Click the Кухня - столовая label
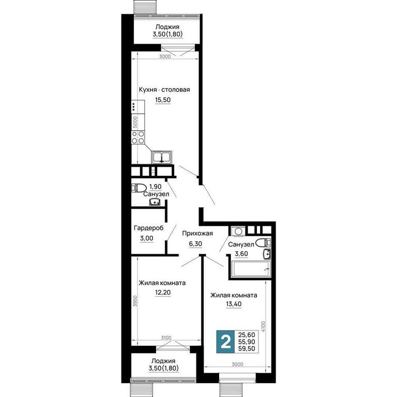click(164, 89)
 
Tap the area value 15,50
click(163, 100)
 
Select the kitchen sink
click(162, 157)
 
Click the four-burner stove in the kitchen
click(138, 137)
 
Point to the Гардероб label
click(149, 228)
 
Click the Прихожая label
click(197, 233)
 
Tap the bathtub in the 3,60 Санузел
click(250, 269)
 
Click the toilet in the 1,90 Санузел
click(139, 188)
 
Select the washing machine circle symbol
click(238, 232)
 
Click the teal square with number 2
click(225, 342)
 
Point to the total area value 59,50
click(247, 349)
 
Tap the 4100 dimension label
click(263, 327)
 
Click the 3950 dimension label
click(135, 301)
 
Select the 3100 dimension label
click(166, 338)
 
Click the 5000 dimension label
click(135, 122)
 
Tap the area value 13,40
click(234, 304)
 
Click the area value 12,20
click(163, 293)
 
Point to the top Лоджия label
click(167, 27)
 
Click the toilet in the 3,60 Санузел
click(263, 243)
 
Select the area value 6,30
click(195, 244)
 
